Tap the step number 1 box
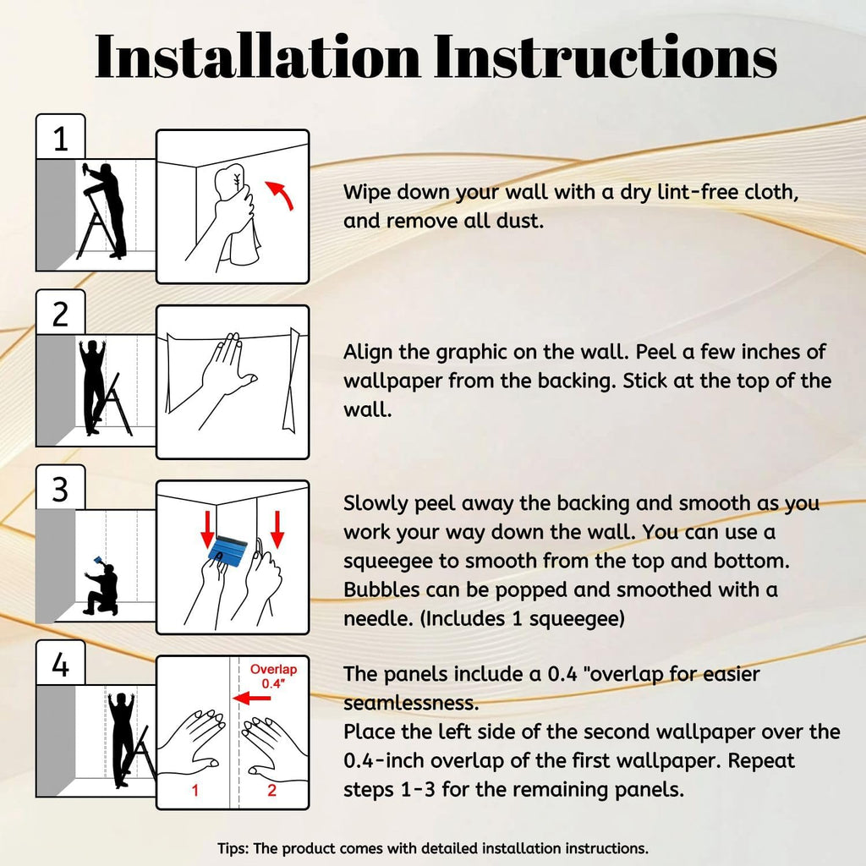tap(61, 137)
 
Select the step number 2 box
tap(61, 313)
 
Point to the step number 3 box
tap(61, 488)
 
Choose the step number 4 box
tap(61, 663)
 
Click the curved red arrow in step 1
tap(279, 195)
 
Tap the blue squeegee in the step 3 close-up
tap(228, 549)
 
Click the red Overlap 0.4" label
tap(273, 676)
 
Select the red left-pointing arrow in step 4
tap(252, 699)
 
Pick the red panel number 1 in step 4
tap(195, 791)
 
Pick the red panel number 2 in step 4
tap(271, 791)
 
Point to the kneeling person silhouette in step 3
tap(102, 589)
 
